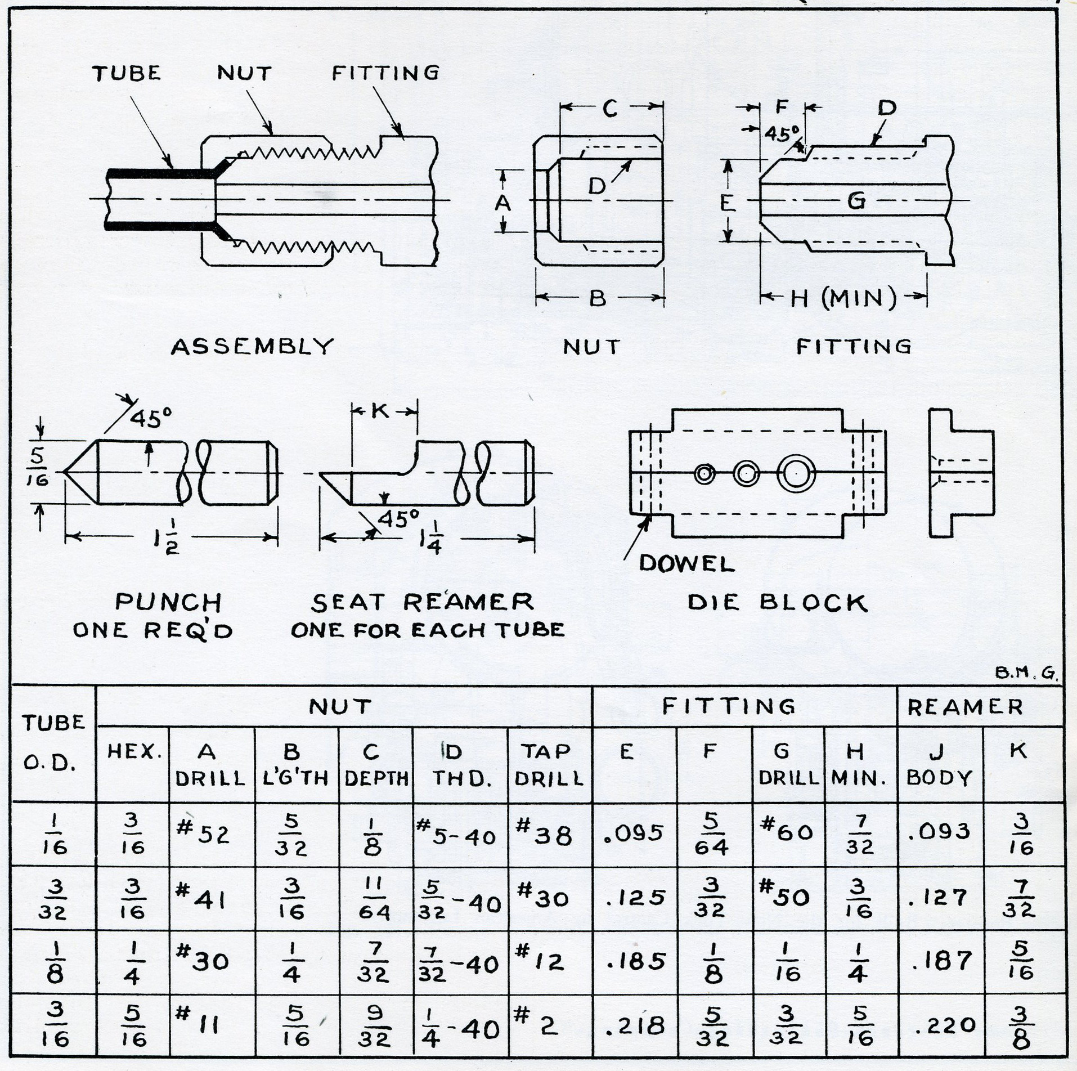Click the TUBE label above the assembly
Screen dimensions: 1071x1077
127,73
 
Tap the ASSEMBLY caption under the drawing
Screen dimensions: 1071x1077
252,346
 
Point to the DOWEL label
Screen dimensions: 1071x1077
686,563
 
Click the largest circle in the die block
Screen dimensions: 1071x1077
796,473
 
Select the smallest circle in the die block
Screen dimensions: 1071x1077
704,474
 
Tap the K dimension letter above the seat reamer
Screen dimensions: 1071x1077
381,411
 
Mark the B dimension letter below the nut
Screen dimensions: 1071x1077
598,298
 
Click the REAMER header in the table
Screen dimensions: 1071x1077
964,707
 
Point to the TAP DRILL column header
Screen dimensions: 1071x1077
549,764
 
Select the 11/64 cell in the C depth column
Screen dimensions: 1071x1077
374,899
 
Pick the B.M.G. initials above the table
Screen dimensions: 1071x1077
1026,674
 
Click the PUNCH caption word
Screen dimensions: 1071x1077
168,603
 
